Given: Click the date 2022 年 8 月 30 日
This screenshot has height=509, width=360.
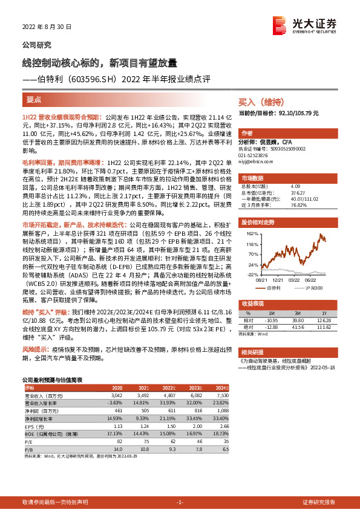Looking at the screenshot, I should [x=47, y=27].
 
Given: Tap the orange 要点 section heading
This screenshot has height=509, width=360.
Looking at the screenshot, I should [x=34, y=99].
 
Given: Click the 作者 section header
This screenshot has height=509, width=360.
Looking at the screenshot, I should [x=247, y=132].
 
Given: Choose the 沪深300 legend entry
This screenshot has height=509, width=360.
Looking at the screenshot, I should [x=313, y=288].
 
